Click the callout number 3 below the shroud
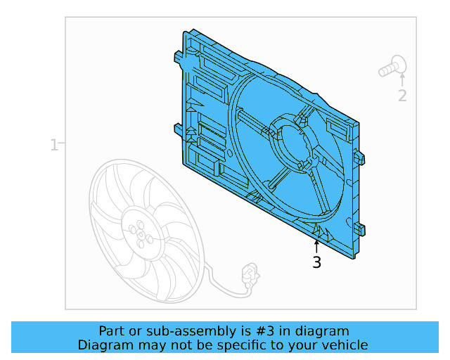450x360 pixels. pyautogui.click(x=316, y=263)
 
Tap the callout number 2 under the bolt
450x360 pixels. pyautogui.click(x=402, y=96)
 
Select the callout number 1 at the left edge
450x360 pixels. pyautogui.click(x=53, y=145)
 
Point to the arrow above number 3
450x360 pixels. pyautogui.click(x=316, y=246)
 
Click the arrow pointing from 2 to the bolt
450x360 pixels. pyautogui.click(x=402, y=79)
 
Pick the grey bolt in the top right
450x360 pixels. pyautogui.click(x=392, y=67)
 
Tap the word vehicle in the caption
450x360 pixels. pyautogui.click(x=345, y=345)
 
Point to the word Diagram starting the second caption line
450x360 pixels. pyautogui.click(x=103, y=345)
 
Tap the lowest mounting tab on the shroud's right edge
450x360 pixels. pyautogui.click(x=361, y=229)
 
